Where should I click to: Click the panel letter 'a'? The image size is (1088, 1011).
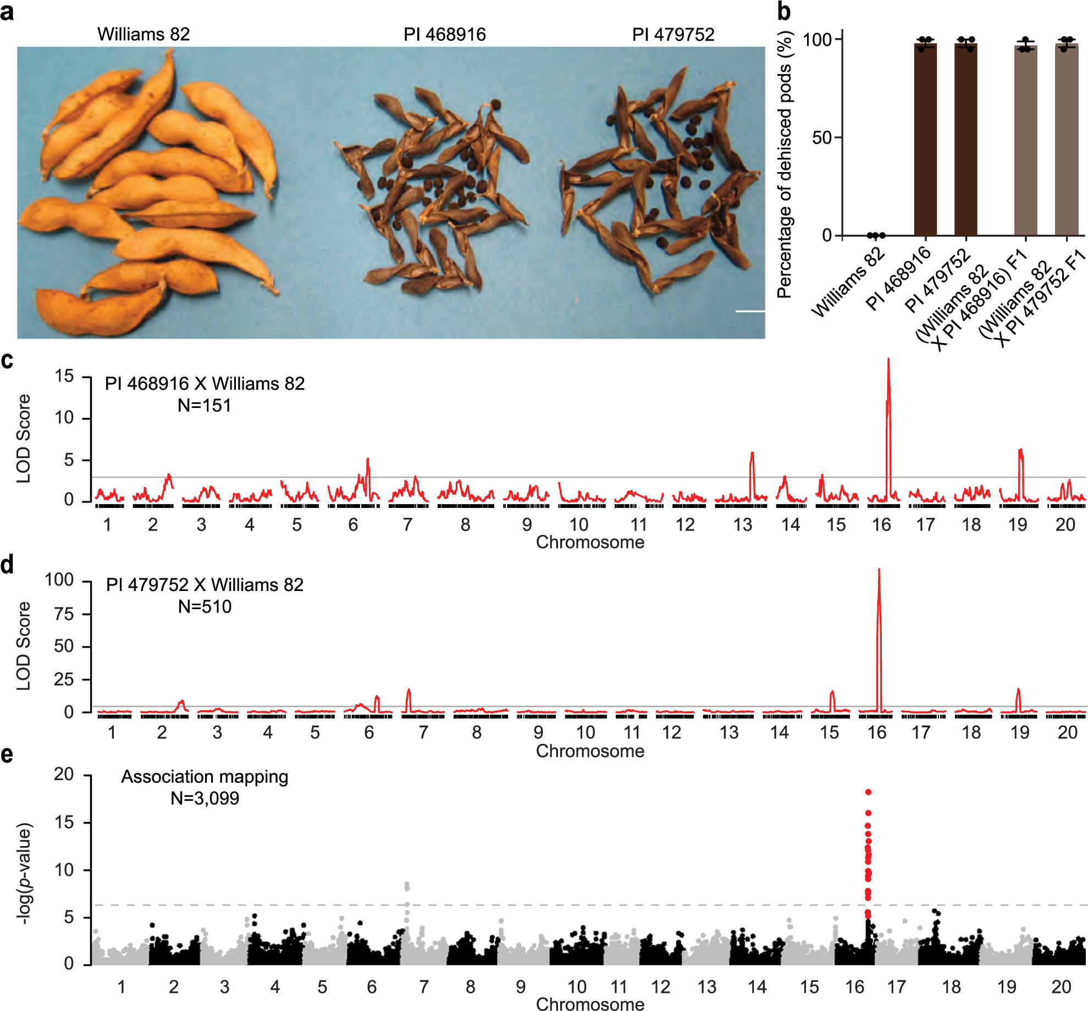point(7,12)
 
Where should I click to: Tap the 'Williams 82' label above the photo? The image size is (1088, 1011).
point(143,34)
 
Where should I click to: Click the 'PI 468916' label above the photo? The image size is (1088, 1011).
point(444,35)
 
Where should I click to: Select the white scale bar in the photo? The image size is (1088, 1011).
point(749,311)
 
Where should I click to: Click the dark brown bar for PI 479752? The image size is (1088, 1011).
point(965,143)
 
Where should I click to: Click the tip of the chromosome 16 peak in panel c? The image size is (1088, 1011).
point(888,360)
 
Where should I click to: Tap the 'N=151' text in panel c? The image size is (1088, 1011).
point(204,406)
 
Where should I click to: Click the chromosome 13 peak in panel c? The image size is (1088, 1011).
point(752,454)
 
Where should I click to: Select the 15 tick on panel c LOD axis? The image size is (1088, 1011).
point(64,377)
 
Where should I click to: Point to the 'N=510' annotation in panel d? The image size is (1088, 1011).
point(205,607)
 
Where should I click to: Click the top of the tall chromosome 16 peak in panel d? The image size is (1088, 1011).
point(879,571)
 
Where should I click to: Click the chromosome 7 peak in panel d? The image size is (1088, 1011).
point(408,690)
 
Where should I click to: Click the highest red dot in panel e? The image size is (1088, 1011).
point(868,792)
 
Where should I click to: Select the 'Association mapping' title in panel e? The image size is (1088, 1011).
point(205,777)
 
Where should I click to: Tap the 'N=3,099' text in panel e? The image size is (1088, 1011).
point(205,798)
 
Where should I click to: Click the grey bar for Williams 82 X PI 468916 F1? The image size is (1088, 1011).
point(1025,143)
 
